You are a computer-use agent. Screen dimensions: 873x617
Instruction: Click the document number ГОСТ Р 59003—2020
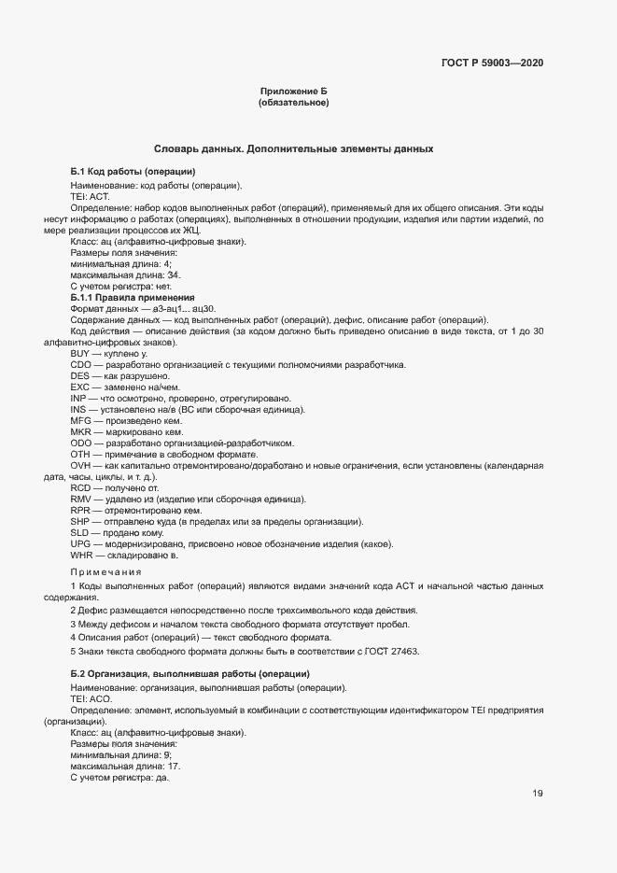[x=491, y=63]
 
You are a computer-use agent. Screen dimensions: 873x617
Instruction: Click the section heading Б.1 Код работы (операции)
[x=133, y=172]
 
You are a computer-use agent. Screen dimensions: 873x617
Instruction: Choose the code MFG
[x=81, y=420]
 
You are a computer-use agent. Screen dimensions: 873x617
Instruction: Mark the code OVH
[x=81, y=465]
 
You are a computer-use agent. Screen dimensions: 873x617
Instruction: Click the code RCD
[x=81, y=488]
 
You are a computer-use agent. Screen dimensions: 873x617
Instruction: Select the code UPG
[x=81, y=544]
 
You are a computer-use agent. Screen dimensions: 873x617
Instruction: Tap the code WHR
[x=81, y=556]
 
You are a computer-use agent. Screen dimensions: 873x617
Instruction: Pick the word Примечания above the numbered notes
[x=105, y=571]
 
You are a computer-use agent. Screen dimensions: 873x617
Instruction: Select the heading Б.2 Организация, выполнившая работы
[x=190, y=674]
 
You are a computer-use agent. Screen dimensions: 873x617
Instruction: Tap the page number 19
[x=538, y=794]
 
